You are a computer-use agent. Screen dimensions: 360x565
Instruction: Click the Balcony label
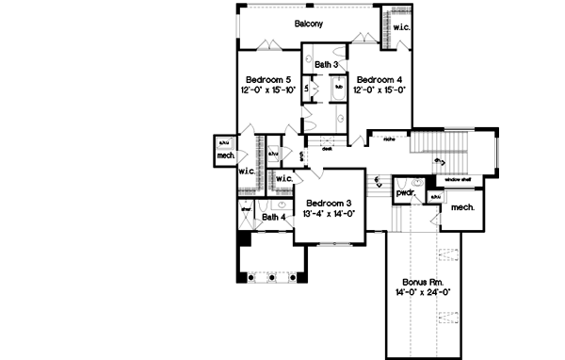tap(309, 24)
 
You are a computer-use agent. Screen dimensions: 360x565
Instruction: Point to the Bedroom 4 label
tap(378, 79)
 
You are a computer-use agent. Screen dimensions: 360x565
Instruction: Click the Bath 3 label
tap(328, 64)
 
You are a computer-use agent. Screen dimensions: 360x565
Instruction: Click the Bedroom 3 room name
tap(328, 204)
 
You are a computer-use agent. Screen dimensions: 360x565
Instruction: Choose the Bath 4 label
tap(274, 218)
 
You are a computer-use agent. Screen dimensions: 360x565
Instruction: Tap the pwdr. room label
tap(406, 192)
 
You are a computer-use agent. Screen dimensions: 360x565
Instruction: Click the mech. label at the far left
tap(226, 156)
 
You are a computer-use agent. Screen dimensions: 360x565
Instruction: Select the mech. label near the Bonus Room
tap(461, 206)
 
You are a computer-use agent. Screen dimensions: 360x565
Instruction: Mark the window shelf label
tap(459, 178)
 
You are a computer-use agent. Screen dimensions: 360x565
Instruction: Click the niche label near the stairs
tap(387, 139)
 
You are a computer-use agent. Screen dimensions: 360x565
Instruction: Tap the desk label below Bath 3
tap(327, 148)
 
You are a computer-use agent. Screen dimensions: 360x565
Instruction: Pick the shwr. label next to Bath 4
tap(244, 210)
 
